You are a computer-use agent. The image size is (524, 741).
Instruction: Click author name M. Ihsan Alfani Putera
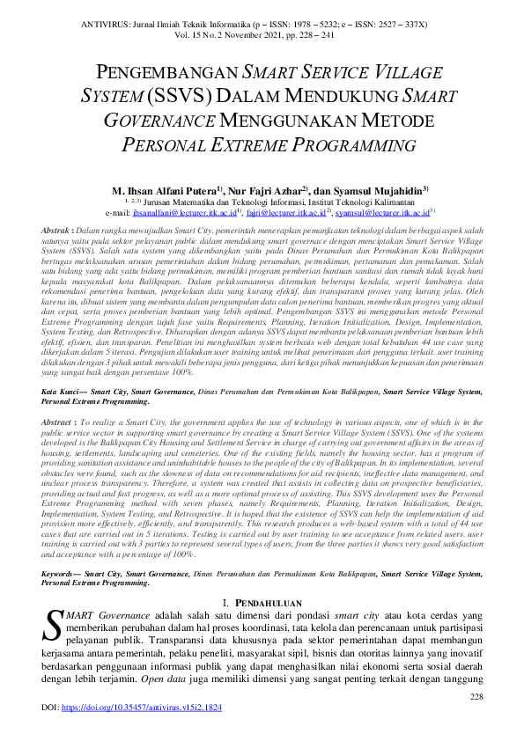point(166,190)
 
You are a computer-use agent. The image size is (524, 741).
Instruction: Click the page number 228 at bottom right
point(476,696)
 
